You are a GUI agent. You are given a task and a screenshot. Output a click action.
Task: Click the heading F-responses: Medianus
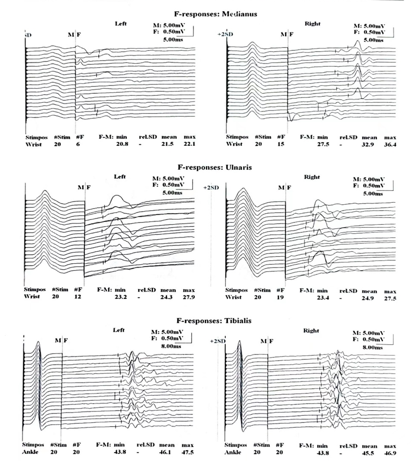(x=215, y=14)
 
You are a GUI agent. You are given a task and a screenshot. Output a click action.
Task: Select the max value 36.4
(x=390, y=145)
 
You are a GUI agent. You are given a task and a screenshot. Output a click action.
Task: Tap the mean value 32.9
(x=369, y=145)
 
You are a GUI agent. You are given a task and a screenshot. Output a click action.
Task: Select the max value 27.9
(x=190, y=298)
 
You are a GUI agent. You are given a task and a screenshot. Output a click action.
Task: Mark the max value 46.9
(x=390, y=452)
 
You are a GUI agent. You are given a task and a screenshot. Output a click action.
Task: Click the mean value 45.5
(x=369, y=452)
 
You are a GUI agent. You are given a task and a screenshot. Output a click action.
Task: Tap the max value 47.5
(x=190, y=452)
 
